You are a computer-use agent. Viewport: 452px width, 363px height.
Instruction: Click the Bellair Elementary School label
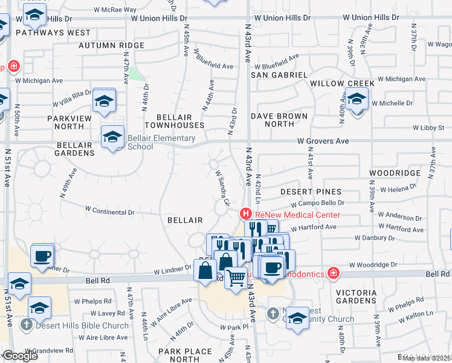coord(140,142)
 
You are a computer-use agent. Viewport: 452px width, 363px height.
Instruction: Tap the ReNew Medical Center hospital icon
coord(245,214)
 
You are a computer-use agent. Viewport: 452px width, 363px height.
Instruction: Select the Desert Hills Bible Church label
coord(82,325)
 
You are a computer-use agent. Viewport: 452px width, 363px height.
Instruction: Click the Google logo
coord(19,356)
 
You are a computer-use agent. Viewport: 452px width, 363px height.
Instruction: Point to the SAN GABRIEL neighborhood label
coord(279,74)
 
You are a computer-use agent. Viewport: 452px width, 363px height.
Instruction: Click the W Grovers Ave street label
coord(323,141)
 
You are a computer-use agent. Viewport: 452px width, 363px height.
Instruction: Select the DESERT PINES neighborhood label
coord(311,192)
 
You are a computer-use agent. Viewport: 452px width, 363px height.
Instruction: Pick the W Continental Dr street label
coord(110,211)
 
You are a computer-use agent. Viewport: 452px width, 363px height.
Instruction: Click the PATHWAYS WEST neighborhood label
coord(53,33)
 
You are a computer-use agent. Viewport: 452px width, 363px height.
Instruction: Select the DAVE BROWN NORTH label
coord(279,120)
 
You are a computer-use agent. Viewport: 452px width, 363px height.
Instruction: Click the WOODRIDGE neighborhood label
coord(395,173)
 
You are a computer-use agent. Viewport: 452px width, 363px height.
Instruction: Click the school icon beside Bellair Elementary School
coord(112,137)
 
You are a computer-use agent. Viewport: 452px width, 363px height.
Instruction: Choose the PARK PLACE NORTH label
coord(179,355)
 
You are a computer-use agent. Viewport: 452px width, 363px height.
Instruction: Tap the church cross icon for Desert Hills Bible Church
coord(26,325)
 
